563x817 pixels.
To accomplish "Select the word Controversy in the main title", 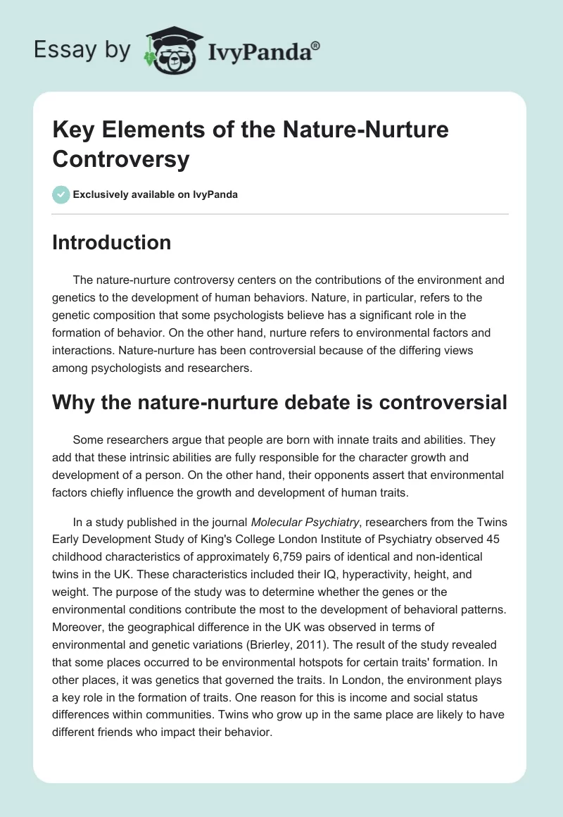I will pyautogui.click(x=120, y=159).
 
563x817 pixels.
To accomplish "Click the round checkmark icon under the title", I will pyautogui.click(x=61, y=194).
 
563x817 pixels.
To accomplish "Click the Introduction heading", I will pyautogui.click(x=111, y=242).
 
